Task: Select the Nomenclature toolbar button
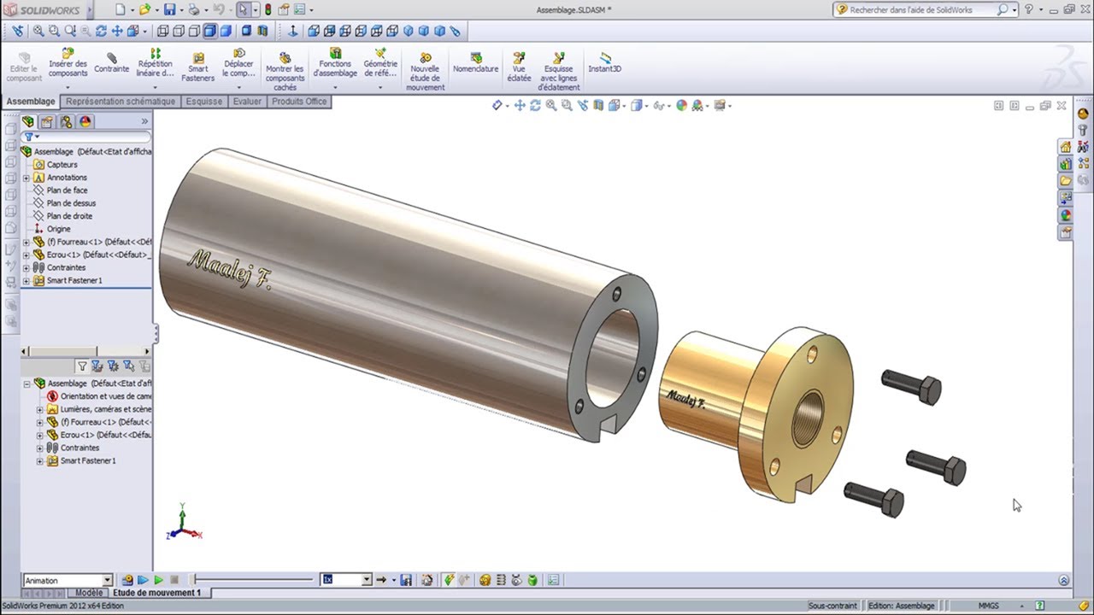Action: [x=475, y=63]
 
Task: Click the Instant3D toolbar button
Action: [x=604, y=63]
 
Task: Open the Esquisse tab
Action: [x=204, y=101]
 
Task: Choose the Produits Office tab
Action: [x=299, y=101]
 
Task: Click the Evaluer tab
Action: [x=247, y=101]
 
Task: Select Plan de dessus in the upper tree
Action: [x=71, y=203]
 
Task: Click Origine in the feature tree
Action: [x=58, y=229]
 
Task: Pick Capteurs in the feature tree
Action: [x=62, y=164]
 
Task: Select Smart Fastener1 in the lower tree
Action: [x=88, y=460]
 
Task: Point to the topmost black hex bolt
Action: [x=913, y=386]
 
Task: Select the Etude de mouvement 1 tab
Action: [x=156, y=593]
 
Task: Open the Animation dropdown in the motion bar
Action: [x=107, y=580]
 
